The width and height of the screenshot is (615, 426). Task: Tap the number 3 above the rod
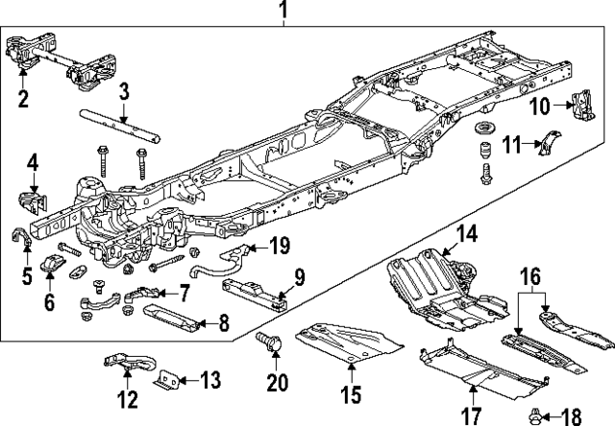(x=123, y=92)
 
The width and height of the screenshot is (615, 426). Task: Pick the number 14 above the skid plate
(x=467, y=233)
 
